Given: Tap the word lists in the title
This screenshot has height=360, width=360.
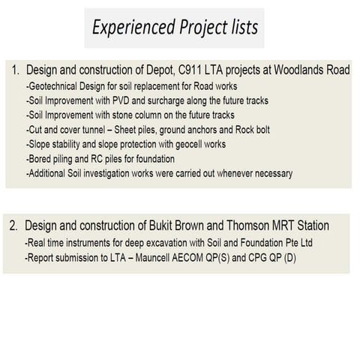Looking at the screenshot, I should pos(238,28).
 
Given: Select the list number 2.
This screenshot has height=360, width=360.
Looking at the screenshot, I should pos(14,225).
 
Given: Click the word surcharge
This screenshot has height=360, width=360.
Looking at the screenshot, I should pos(175,101).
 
